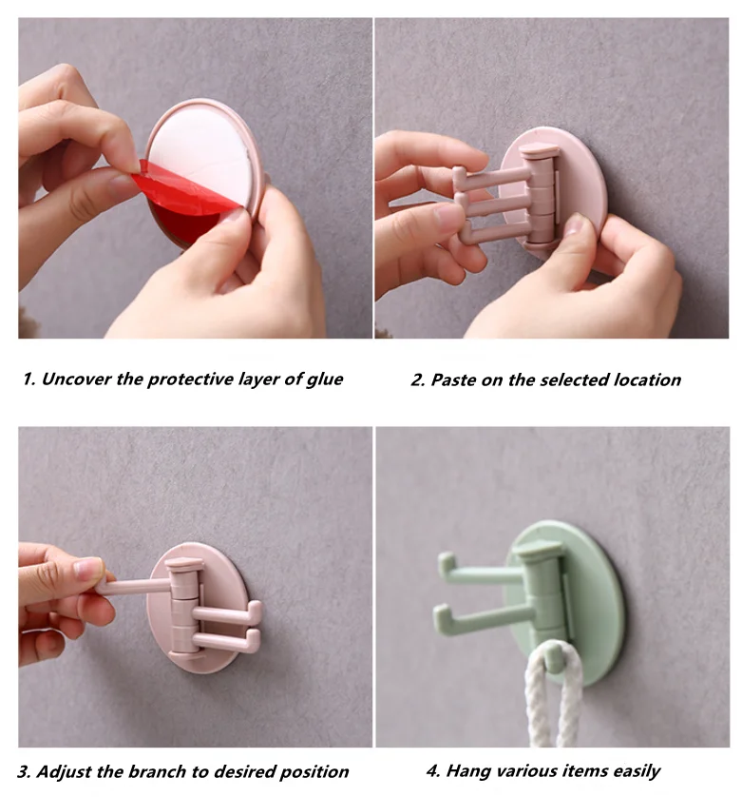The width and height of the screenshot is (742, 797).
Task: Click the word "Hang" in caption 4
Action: coord(467,770)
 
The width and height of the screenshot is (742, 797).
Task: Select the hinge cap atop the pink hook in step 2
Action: coord(539,150)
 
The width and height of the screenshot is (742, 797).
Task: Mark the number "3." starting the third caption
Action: coord(26,771)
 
